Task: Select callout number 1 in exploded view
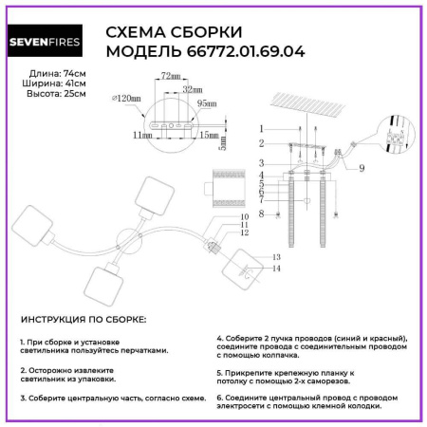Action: [260, 127]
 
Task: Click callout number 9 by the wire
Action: [362, 168]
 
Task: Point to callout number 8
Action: [260, 213]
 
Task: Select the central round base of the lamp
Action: [126, 236]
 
